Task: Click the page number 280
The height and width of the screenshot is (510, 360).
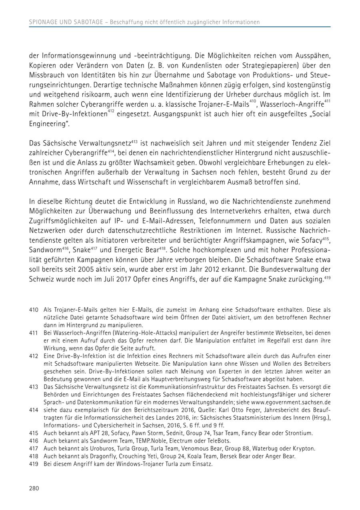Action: pos(34,488)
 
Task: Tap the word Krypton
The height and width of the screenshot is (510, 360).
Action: pos(305,448)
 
